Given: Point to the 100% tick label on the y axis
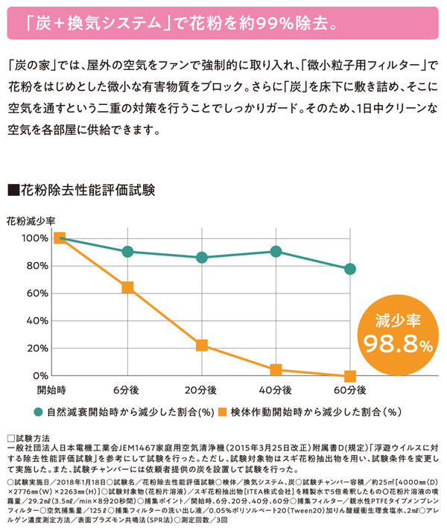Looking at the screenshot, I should pyautogui.click(x=34, y=238).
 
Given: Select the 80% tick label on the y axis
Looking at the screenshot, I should pyautogui.click(x=36, y=266).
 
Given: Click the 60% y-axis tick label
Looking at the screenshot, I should pyautogui.click(x=36, y=293).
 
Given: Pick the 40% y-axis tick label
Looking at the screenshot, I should pyautogui.click(x=36, y=321).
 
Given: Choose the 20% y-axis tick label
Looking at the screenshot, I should pyautogui.click(x=36, y=349).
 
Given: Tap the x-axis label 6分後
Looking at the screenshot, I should pyautogui.click(x=127, y=389).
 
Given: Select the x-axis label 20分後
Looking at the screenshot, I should pyautogui.click(x=201, y=389).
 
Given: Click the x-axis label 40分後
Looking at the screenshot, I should pyautogui.click(x=276, y=389).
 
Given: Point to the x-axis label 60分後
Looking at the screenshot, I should pyautogui.click(x=350, y=389).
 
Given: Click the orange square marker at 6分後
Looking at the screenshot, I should pyautogui.click(x=127, y=287).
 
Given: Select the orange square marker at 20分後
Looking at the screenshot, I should pyautogui.click(x=201, y=345).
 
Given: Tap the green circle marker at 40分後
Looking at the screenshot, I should pyautogui.click(x=276, y=252).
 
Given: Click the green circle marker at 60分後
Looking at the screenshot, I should pyautogui.click(x=350, y=269).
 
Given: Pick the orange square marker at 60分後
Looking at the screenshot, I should pyautogui.click(x=350, y=376).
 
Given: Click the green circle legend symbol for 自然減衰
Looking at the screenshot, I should pyautogui.click(x=38, y=411).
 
